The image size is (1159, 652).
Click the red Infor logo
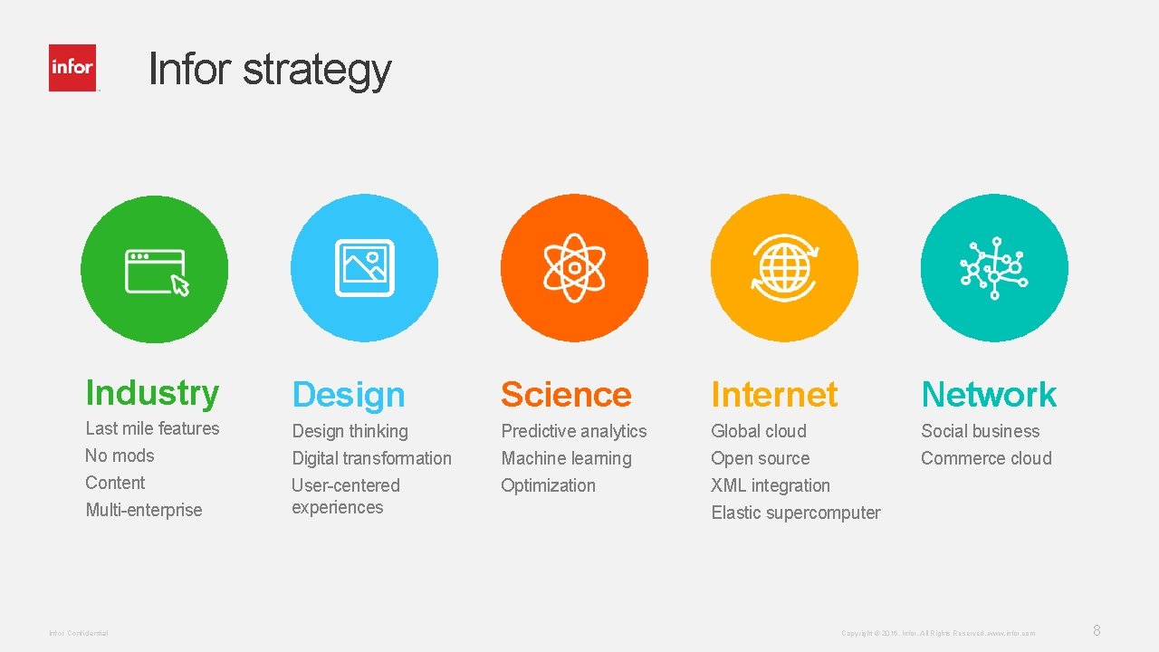pos(72,68)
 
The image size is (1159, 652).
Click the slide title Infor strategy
pos(269,69)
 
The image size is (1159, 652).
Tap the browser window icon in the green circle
pos(155,271)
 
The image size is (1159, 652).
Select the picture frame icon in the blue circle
pos(364,268)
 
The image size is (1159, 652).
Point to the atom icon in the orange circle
pos(574,268)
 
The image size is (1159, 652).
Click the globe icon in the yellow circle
pos(784,268)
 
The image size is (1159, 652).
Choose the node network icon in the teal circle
pos(993,268)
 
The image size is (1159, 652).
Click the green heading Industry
pos(152,393)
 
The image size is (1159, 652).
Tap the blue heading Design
pos(349,395)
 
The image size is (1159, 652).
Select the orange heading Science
pos(566,395)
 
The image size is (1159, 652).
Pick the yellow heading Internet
pos(774,395)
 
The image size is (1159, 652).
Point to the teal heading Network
pos(989,395)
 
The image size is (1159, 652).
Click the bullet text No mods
pos(120,455)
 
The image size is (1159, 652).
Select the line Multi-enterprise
pos(144,510)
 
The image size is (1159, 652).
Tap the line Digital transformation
pos(371,458)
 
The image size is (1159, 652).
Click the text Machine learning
pos(566,458)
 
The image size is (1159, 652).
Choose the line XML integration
pos(771,485)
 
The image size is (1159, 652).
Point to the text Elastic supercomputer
pos(795,513)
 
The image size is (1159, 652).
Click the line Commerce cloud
pos(986,458)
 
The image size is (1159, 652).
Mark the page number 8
pos(1097,630)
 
